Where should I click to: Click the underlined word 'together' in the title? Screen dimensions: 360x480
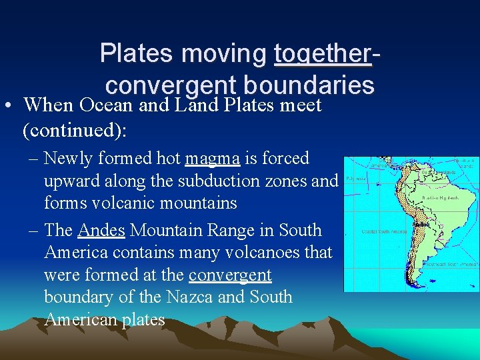(322, 54)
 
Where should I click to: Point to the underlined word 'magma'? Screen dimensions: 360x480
(213, 159)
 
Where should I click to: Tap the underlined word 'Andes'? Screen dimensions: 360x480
(101, 231)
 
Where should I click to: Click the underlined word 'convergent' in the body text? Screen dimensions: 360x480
(230, 275)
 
